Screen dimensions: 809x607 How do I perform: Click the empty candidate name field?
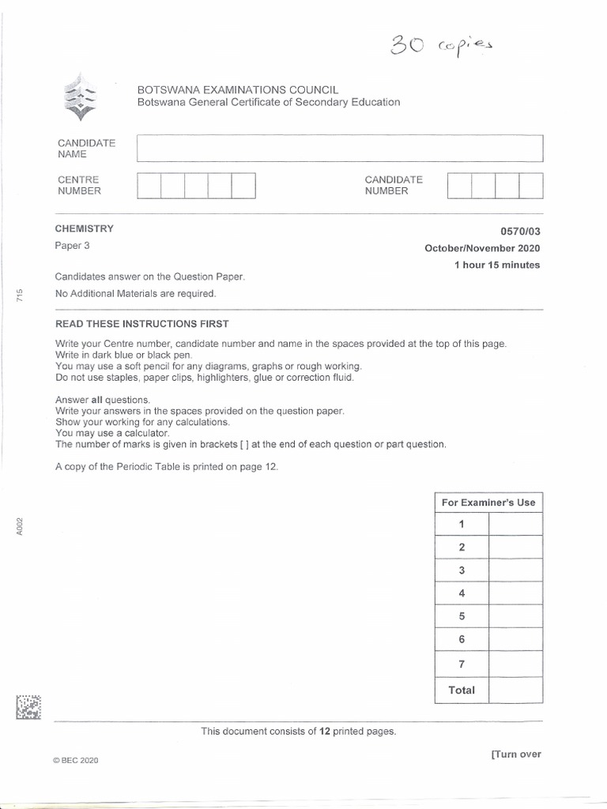point(340,149)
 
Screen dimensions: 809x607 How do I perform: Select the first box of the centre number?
point(149,185)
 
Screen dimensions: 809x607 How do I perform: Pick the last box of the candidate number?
point(531,185)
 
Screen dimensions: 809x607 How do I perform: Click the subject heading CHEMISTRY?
point(84,229)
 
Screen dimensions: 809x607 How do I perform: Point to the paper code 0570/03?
point(520,232)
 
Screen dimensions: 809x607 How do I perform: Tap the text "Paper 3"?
point(72,246)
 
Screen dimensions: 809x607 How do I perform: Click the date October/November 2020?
point(482,248)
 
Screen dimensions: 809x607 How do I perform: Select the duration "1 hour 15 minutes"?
point(497,265)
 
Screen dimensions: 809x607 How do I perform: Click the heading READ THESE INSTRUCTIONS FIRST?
point(141,325)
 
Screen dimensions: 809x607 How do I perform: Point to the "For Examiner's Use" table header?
point(488,502)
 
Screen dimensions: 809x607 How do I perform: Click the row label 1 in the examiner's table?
point(462,525)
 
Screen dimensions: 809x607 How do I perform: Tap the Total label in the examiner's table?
point(462,690)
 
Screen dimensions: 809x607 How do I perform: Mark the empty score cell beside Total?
point(515,690)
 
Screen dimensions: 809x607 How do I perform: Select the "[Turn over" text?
point(515,754)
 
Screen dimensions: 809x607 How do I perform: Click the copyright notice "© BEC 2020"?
point(76,760)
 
